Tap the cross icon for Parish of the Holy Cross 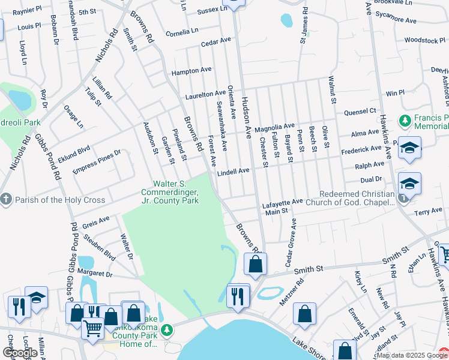click(x=6, y=200)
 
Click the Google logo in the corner click(x=20, y=353)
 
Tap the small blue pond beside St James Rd click(x=286, y=20)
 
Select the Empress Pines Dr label click(x=97, y=161)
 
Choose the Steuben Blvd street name click(x=103, y=247)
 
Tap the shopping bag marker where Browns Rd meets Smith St click(x=255, y=264)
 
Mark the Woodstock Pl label click(x=424, y=40)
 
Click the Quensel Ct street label click(x=360, y=111)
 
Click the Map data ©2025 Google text click(x=412, y=355)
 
